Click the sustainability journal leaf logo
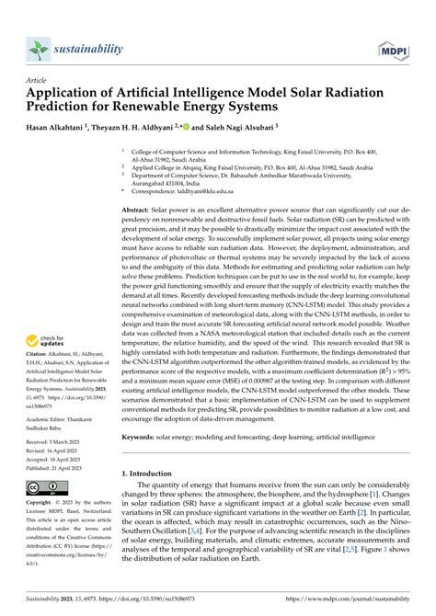(40, 46)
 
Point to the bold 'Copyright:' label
(42, 530)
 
